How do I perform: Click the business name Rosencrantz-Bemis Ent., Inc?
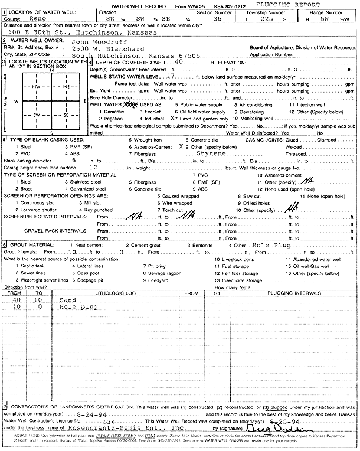(x=124, y=428)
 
